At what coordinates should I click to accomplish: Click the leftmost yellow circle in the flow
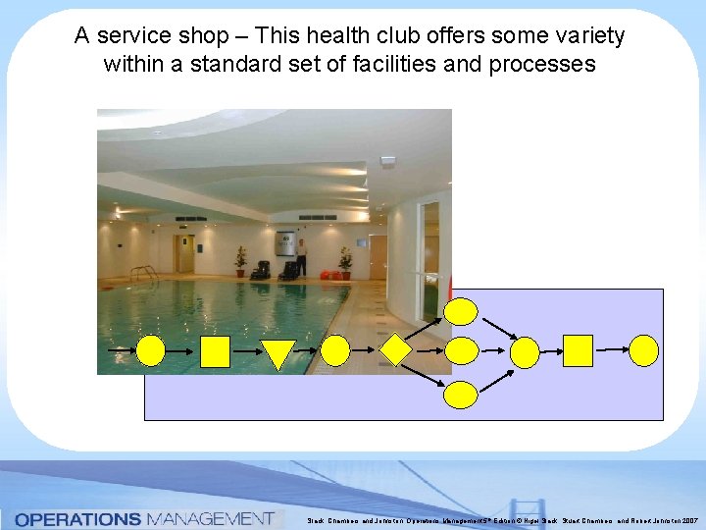click(x=150, y=350)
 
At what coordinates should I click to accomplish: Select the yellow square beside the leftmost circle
click(x=214, y=350)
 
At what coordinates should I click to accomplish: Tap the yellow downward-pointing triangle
click(x=277, y=353)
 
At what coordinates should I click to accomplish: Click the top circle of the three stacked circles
click(x=461, y=312)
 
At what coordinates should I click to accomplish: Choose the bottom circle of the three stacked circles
click(x=461, y=395)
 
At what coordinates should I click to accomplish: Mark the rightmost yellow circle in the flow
click(x=644, y=350)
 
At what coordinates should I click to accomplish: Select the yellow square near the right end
click(x=578, y=350)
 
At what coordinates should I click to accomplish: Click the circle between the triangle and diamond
click(x=335, y=350)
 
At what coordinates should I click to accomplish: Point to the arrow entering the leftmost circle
click(x=122, y=350)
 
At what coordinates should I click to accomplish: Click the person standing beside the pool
click(x=302, y=257)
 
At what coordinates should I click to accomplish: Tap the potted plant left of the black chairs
click(x=241, y=261)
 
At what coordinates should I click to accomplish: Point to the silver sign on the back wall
click(x=284, y=240)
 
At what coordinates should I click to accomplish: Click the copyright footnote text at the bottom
click(x=500, y=520)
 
